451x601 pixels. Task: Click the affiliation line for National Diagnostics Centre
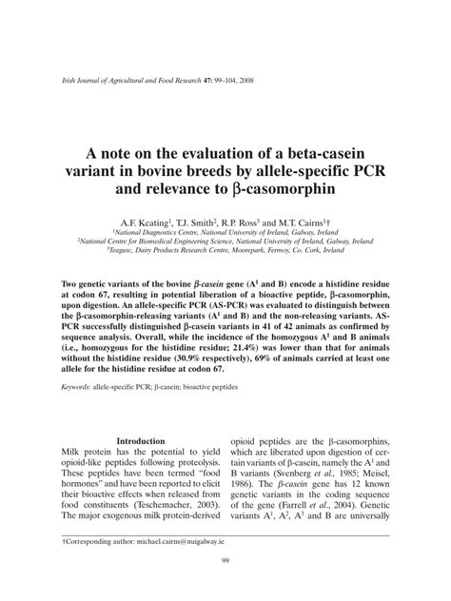tap(225, 231)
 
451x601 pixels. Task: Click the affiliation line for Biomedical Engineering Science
tap(225, 241)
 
